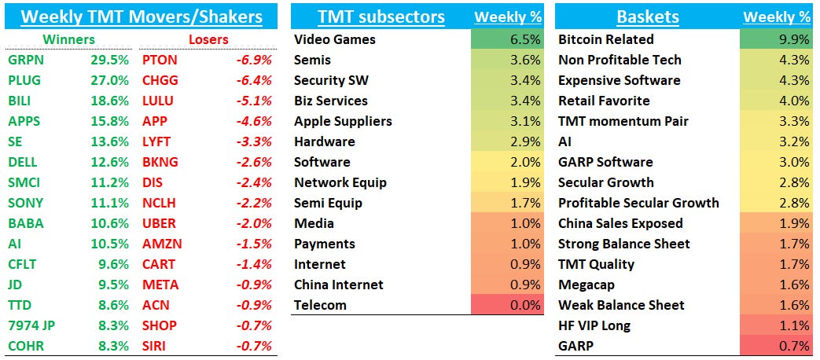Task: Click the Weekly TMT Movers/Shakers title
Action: click(x=141, y=15)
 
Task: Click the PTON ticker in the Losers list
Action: click(x=160, y=60)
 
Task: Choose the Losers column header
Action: click(x=208, y=39)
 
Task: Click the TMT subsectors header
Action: click(x=381, y=17)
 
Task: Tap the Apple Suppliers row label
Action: click(x=343, y=121)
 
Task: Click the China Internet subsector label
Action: click(x=339, y=285)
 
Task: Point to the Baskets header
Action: click(x=649, y=17)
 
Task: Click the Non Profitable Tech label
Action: click(x=620, y=60)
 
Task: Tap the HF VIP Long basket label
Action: click(x=594, y=325)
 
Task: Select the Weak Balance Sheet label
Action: click(x=621, y=305)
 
